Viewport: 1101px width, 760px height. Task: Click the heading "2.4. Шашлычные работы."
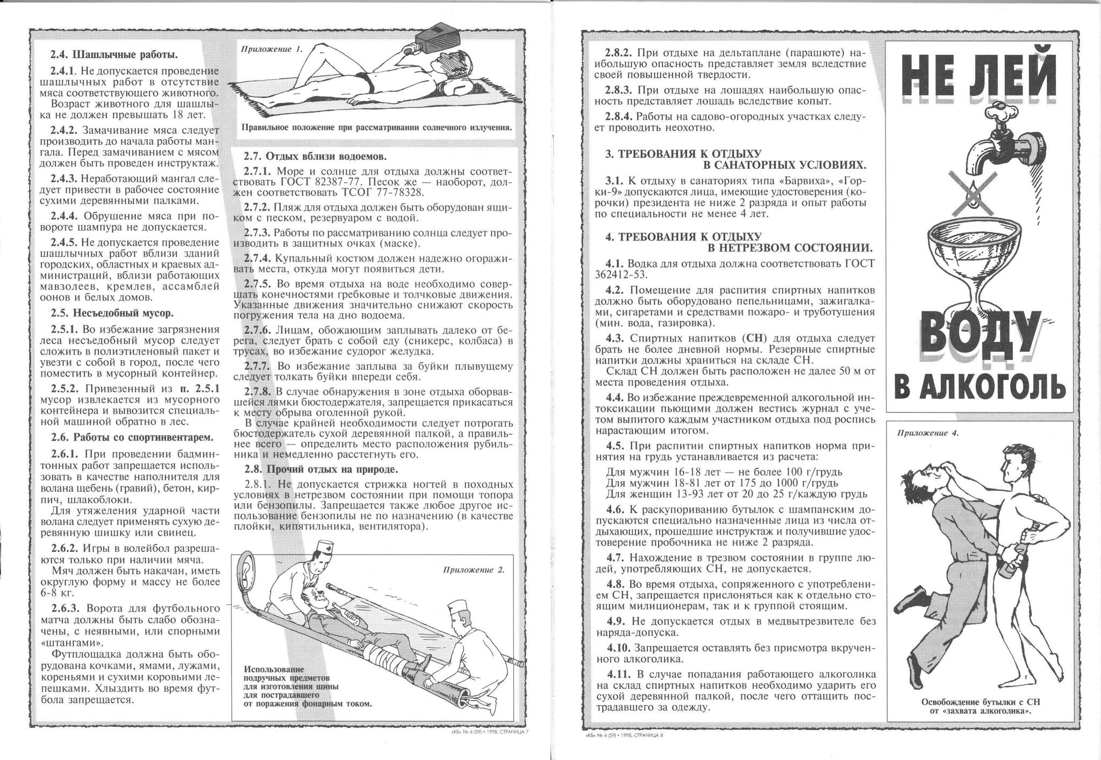coord(114,55)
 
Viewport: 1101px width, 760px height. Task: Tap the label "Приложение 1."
coord(272,48)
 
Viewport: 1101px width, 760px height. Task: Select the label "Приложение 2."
coord(474,570)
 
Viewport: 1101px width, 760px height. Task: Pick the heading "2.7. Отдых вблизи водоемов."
coord(315,156)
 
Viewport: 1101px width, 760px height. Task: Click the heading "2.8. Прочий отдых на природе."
coord(321,469)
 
